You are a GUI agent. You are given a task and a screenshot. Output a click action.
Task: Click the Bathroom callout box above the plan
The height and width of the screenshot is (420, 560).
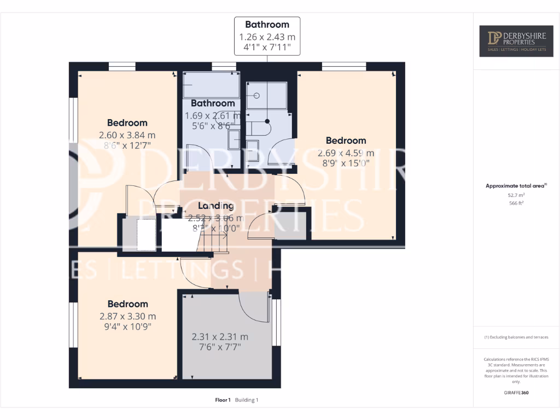tap(267, 36)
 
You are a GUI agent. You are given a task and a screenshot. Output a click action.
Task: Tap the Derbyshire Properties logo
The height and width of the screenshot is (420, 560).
tap(516, 41)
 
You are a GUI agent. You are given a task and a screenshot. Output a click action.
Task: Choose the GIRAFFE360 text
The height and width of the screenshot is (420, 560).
tap(516, 392)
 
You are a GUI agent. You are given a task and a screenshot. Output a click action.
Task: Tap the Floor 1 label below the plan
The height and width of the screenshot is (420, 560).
tap(223, 400)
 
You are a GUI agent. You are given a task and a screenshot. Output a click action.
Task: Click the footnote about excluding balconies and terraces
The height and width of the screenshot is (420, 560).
tap(516, 337)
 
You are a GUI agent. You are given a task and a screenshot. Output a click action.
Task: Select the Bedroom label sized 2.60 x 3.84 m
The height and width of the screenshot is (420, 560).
tap(127, 123)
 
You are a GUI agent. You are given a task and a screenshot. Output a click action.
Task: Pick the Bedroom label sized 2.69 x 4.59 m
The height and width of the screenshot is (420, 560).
tap(346, 141)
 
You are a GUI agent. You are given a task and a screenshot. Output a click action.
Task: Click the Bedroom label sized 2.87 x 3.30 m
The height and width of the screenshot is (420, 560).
tap(127, 304)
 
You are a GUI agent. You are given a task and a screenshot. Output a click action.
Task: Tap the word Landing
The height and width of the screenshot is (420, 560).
tap(215, 206)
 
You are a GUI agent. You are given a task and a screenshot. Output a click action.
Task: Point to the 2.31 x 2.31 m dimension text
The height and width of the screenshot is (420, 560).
tap(219, 337)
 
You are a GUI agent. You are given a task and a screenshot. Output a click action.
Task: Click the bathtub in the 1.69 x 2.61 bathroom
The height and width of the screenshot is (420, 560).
tap(211, 85)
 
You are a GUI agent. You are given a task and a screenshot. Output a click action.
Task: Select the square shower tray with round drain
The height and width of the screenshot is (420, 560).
tap(266, 96)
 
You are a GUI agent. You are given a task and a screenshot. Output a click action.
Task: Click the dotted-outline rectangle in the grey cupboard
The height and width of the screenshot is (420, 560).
tap(145, 234)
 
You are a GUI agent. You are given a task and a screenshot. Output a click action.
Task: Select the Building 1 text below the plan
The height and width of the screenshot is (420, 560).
tap(247, 400)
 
